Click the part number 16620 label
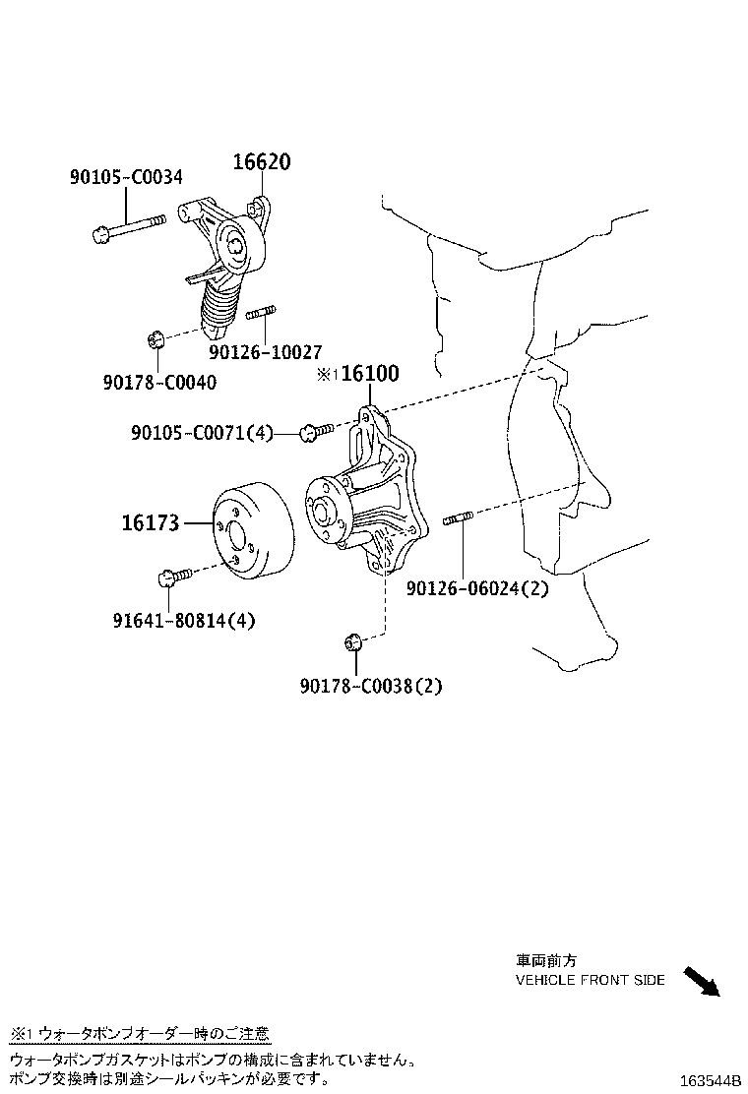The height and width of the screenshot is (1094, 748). point(261,162)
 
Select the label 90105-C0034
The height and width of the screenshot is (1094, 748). point(125,178)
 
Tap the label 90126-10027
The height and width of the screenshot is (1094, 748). point(265,351)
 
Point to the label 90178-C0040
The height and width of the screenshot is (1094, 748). point(159,382)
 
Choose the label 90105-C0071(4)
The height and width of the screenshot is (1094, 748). point(202,432)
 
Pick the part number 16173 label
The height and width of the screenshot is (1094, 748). point(151,523)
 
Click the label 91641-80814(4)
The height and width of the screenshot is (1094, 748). point(184,621)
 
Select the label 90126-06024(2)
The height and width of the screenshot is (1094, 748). point(477,588)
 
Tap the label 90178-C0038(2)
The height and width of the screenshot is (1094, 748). point(371,687)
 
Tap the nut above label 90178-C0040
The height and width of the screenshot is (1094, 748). point(155,340)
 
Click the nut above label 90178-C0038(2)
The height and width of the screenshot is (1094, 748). point(354,643)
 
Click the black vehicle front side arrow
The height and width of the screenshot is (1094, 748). point(702,982)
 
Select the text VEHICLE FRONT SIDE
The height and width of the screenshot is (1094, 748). point(590,980)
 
